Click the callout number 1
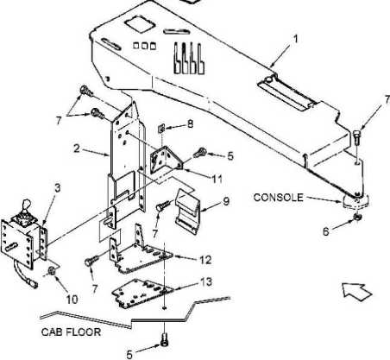(295, 39)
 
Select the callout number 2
(77, 148)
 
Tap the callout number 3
(58, 188)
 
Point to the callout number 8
(190, 124)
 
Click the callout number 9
(226, 201)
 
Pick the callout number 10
(72, 300)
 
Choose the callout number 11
(217, 179)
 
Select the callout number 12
(206, 260)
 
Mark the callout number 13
(206, 281)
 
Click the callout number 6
(325, 231)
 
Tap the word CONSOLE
(278, 198)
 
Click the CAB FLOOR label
(71, 332)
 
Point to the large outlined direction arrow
(357, 292)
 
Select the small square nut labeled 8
(161, 129)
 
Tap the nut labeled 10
(52, 271)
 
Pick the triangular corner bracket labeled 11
(167, 161)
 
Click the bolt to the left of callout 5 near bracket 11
(199, 153)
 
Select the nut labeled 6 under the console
(357, 218)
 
